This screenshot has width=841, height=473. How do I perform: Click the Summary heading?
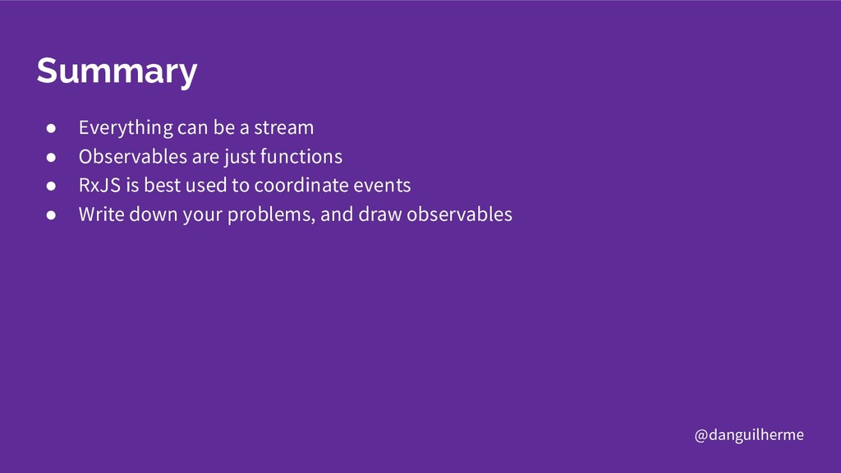(117, 71)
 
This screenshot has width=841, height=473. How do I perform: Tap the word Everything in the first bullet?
(126, 128)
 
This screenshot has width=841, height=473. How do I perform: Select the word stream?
(283, 127)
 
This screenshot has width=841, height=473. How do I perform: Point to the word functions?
(301, 157)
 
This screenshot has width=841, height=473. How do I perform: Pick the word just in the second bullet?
(240, 157)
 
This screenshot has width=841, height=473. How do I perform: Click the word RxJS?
(99, 185)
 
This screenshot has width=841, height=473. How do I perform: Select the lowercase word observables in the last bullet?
(460, 214)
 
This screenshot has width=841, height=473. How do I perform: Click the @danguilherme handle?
(749, 434)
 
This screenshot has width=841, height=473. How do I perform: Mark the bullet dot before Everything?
(51, 128)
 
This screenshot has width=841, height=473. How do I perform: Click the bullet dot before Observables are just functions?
(51, 157)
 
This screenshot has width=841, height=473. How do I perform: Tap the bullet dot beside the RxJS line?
(51, 186)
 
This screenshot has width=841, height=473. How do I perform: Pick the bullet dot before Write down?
(51, 215)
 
